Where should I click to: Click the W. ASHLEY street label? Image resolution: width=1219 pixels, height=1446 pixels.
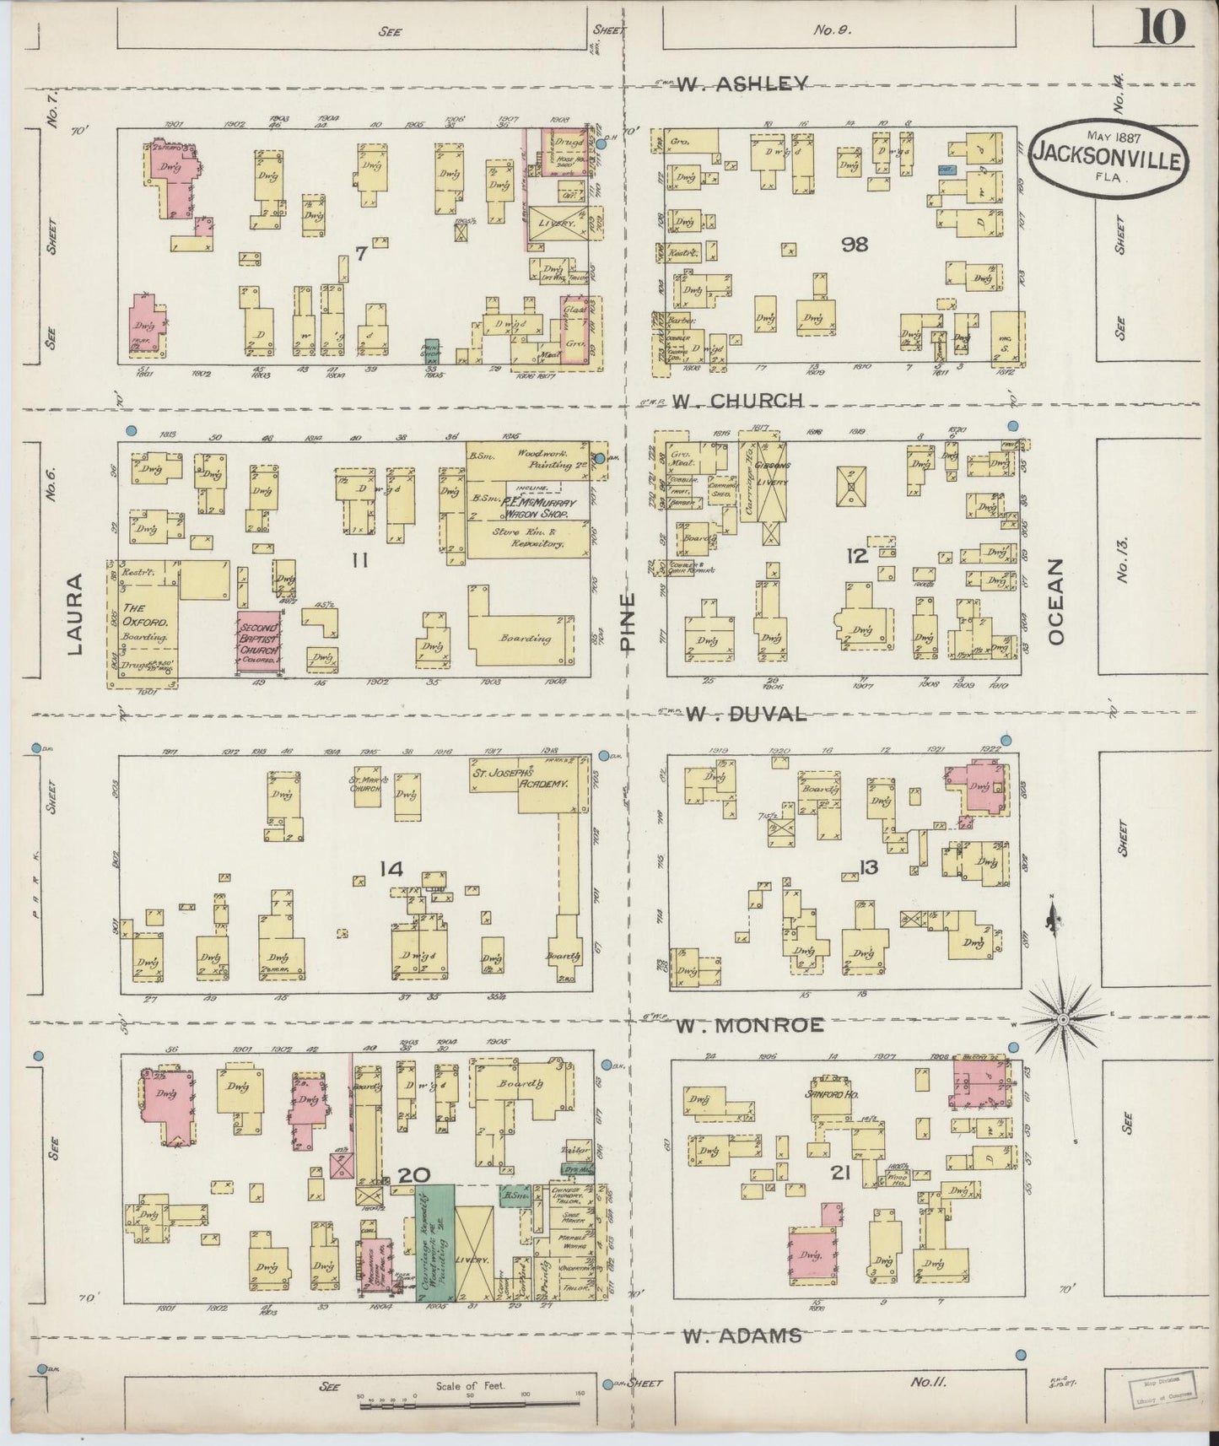click(x=743, y=83)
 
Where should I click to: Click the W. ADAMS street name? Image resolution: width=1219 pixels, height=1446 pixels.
click(x=742, y=1335)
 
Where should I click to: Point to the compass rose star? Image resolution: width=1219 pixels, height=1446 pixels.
click(x=1063, y=1019)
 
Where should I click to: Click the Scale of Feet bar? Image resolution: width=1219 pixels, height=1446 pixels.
click(x=470, y=1403)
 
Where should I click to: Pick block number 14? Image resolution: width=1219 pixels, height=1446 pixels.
click(x=392, y=869)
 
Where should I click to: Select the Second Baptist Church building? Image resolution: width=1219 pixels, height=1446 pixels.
click(x=260, y=643)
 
